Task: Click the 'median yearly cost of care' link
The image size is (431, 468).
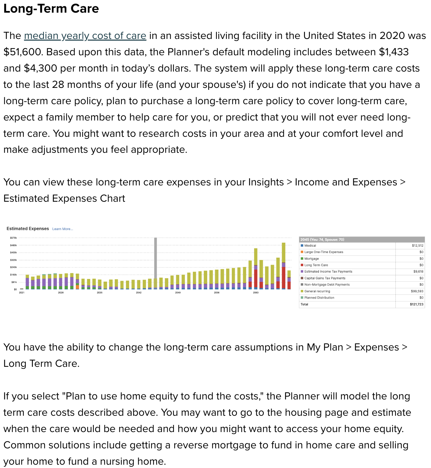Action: [85, 36]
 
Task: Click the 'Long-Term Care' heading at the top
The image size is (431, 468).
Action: [51, 9]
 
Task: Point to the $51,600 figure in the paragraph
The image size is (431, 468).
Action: [23, 52]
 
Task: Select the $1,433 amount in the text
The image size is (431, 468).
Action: [394, 52]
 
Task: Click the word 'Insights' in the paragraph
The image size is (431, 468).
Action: [266, 182]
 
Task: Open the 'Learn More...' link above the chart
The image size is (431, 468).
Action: [63, 229]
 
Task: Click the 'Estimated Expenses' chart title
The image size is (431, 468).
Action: [28, 229]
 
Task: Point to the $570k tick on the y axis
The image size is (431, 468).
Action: [13, 238]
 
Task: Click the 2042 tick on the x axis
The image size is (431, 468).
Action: [139, 293]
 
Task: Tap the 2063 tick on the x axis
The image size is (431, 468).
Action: [255, 293]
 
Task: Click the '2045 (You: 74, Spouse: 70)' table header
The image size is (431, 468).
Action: [322, 239]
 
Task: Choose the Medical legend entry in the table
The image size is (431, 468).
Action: [310, 246]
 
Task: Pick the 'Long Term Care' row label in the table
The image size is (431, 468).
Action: [316, 265]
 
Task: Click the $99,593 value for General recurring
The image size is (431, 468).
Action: [417, 291]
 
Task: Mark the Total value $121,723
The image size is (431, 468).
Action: [416, 304]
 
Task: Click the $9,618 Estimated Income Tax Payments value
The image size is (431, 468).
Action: [418, 272]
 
